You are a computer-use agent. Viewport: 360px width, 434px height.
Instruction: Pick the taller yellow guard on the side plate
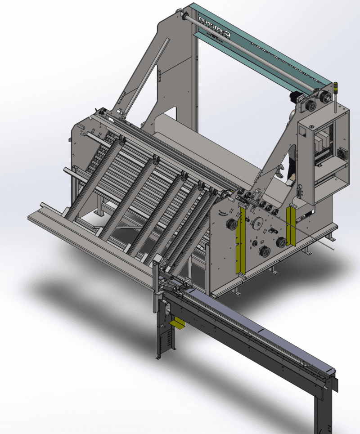pyautogui.click(x=240, y=241)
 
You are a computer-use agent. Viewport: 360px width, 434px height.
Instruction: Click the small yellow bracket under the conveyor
pyautogui.click(x=178, y=323)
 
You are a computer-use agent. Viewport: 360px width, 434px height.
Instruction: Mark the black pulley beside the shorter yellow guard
pyautogui.click(x=281, y=242)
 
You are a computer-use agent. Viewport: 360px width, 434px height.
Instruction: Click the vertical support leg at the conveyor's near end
pyautogui.click(x=165, y=333)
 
